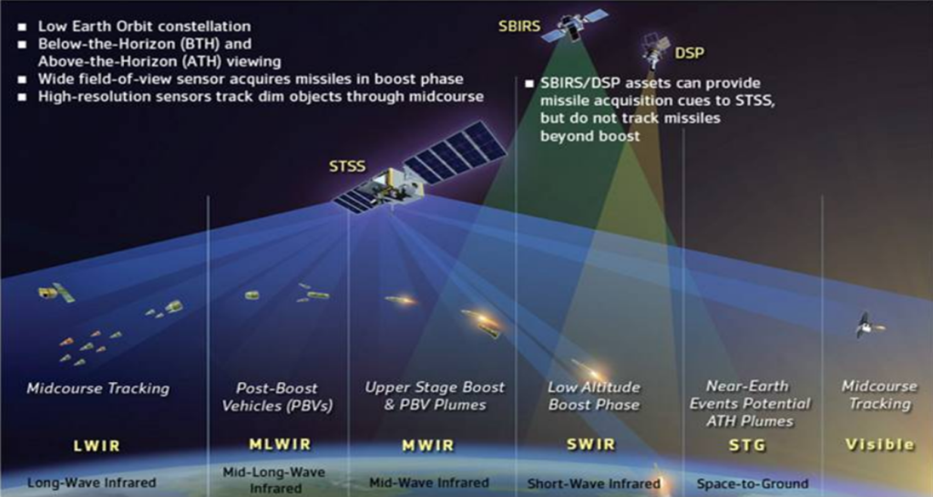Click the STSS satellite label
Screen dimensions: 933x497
click(347, 166)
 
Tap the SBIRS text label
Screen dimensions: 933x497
click(519, 26)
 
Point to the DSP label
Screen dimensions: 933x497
click(689, 53)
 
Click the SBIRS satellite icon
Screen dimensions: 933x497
click(573, 26)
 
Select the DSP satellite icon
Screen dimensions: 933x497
click(654, 50)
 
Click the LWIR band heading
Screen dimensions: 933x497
click(97, 446)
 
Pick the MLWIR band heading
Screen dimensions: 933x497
click(280, 445)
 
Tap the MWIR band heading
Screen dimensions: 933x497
click(428, 445)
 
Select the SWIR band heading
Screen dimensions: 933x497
click(590, 445)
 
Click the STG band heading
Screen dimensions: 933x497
click(747, 445)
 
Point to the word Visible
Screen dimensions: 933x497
click(879, 445)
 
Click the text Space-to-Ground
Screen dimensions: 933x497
click(753, 483)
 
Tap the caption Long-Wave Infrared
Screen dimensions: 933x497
click(92, 482)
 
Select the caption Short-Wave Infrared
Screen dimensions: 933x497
click(594, 483)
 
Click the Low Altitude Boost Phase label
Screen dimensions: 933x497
click(594, 396)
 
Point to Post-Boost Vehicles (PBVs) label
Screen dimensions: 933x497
click(277, 397)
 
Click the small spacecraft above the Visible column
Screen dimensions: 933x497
click(868, 326)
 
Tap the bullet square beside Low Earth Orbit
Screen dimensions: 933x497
click(23, 26)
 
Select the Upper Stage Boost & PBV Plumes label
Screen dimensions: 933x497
click(435, 396)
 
